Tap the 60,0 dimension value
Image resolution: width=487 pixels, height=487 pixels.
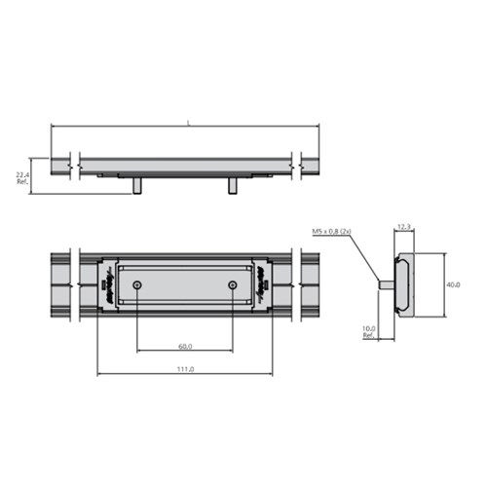coord(184,346)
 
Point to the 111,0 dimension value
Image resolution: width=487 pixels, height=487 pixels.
coord(184,369)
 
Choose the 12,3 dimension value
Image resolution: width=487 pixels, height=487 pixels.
coord(404,227)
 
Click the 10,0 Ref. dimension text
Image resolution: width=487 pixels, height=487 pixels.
coord(370,331)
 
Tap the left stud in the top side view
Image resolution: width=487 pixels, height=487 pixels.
coord(137,185)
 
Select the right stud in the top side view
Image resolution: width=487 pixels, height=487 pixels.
coord(232,185)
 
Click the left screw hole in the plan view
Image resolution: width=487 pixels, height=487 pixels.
coord(137,284)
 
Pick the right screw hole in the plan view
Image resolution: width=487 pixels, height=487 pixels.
coord(232,284)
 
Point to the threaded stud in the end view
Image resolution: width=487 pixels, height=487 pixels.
coord(386,285)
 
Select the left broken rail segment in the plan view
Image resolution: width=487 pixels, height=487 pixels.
coord(61,284)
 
